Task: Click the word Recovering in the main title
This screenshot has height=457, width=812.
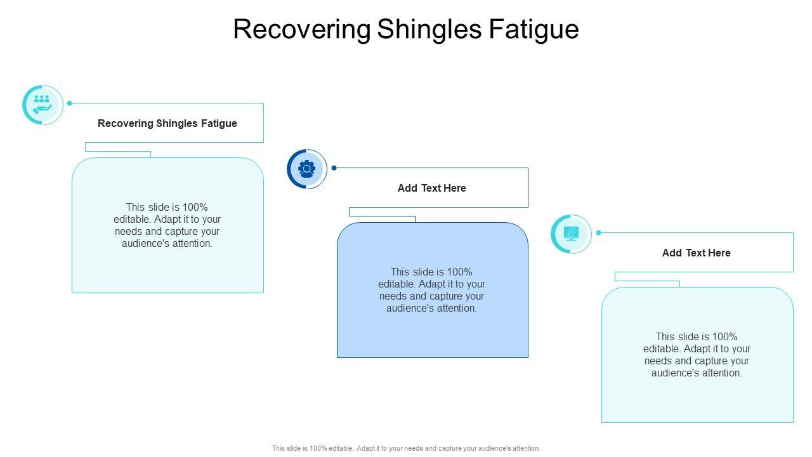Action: coord(302,30)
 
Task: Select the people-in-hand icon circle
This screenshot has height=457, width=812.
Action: coord(43,105)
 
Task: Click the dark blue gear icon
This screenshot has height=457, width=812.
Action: coord(307,169)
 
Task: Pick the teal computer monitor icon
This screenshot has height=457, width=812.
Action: coord(571,234)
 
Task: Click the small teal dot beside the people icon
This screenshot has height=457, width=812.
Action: coord(70,103)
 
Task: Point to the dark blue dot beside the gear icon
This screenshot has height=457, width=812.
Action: coord(334,168)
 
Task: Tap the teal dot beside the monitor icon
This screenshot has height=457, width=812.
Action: coord(598,233)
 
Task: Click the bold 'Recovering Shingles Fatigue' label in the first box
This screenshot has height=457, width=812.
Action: coord(167,123)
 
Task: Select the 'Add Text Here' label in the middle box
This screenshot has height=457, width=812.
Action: coord(432,188)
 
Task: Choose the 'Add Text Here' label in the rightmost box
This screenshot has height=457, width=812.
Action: coord(697,253)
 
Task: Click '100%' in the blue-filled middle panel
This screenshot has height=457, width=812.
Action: coord(459,272)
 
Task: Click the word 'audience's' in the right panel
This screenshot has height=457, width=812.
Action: coord(675,373)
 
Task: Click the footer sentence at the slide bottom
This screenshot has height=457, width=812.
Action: coord(406,448)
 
